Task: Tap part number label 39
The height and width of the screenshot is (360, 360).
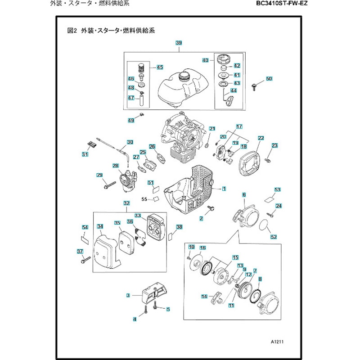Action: pyautogui.click(x=178, y=43)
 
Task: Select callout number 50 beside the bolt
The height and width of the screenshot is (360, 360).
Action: pyautogui.click(x=269, y=79)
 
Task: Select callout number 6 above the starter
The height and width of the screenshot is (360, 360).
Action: pyautogui.click(x=244, y=195)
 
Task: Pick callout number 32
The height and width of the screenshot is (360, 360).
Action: pyautogui.click(x=126, y=203)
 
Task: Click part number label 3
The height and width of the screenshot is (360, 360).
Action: pyautogui.click(x=128, y=295)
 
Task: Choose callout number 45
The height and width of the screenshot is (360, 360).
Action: pyautogui.click(x=159, y=67)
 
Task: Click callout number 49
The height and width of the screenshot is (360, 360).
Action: pyautogui.click(x=131, y=120)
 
